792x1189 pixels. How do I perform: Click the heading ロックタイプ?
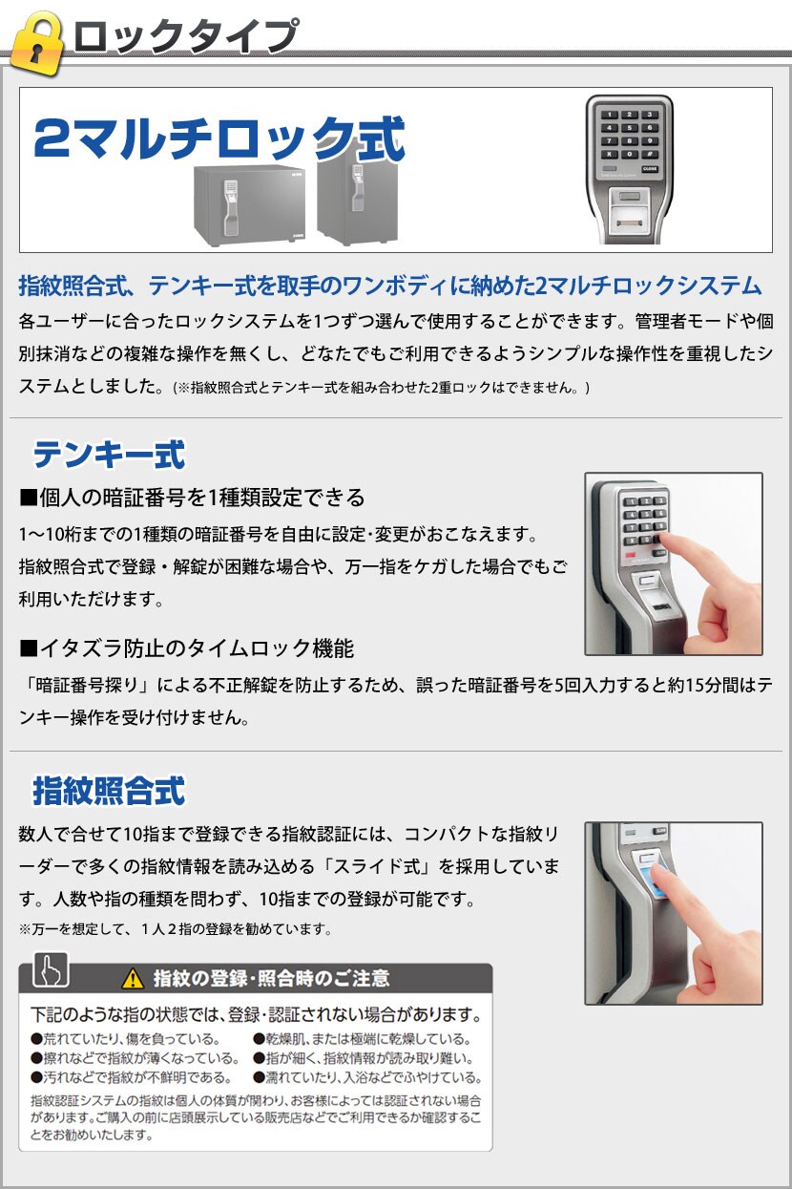[x=186, y=36]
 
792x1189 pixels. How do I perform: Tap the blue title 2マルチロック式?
[x=219, y=138]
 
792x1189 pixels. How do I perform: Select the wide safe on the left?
[x=249, y=206]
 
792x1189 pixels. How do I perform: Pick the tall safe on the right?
[x=357, y=200]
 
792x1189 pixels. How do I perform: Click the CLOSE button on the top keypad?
[x=649, y=169]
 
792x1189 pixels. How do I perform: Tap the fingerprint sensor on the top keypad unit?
[x=630, y=217]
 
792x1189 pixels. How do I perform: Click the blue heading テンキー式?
[x=110, y=455]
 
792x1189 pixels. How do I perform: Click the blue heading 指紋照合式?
[x=110, y=791]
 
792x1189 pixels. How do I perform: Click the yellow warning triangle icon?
[x=133, y=978]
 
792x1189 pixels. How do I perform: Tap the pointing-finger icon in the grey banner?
[x=51, y=969]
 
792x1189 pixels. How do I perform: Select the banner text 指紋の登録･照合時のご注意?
[x=271, y=978]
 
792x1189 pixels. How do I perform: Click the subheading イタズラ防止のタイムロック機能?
[x=187, y=648]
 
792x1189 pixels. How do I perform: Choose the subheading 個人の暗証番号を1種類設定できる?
[x=192, y=498]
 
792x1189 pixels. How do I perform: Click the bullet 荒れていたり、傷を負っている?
[x=125, y=1038]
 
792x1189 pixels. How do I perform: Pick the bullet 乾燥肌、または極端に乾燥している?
[x=363, y=1038]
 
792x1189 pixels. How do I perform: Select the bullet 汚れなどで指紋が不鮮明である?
[x=132, y=1077]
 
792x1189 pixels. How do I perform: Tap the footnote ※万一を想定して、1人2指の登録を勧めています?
[x=176, y=929]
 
